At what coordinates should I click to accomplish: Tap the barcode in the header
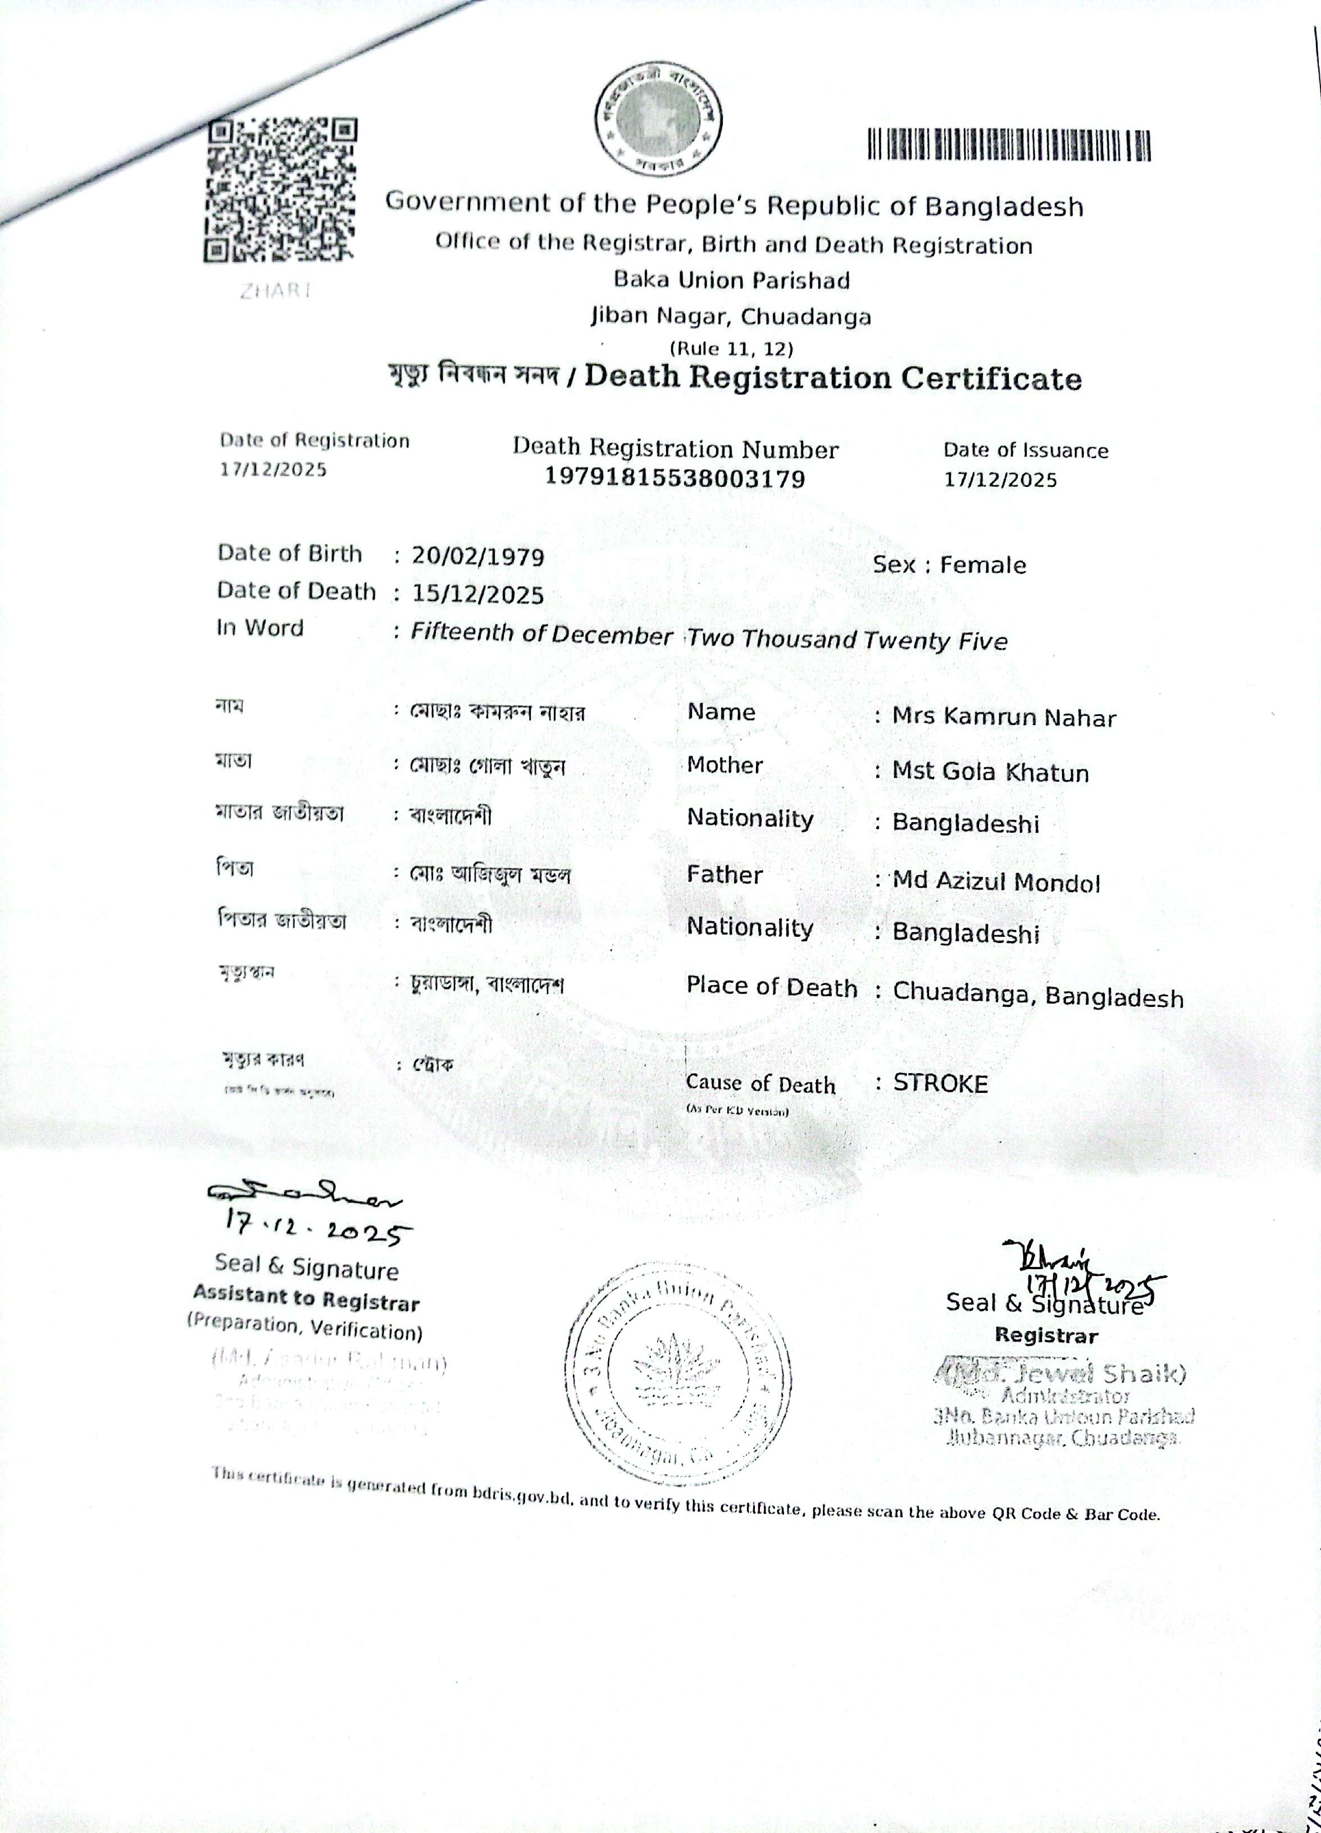1009,145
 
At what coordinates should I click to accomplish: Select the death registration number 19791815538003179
675,479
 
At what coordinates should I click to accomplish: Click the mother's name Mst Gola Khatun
990,772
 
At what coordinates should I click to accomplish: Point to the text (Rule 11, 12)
732,348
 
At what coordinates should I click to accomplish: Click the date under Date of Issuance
1000,480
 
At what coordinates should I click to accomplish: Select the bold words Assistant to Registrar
307,1299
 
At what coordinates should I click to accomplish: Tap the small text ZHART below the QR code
274,292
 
